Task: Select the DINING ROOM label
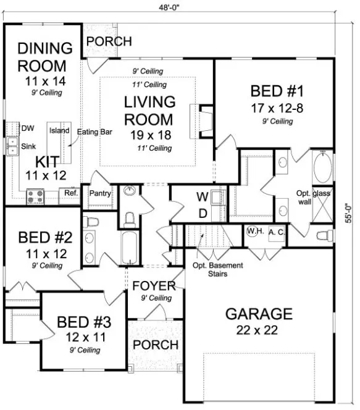42,56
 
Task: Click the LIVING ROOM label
149,109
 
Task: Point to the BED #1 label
277,93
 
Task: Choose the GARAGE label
257,313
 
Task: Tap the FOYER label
154,287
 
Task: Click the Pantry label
100,193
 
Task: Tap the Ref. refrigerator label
69,194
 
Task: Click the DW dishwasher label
27,128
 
